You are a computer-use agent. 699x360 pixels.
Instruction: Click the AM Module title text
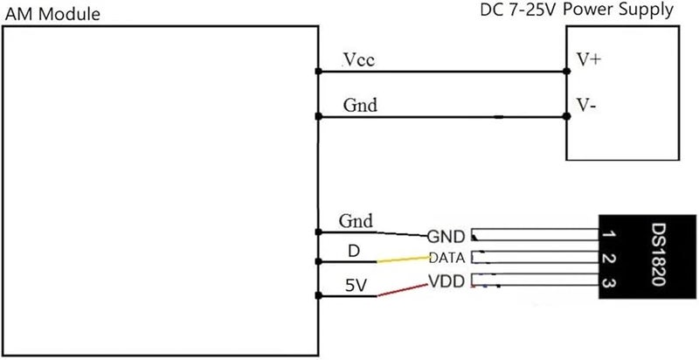[x=52, y=14]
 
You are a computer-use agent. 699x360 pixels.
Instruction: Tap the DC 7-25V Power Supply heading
[x=577, y=10]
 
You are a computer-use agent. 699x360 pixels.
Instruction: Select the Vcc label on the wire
[x=359, y=59]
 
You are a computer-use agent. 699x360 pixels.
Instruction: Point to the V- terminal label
[x=586, y=105]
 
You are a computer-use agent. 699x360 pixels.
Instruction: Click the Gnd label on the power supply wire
[x=360, y=105]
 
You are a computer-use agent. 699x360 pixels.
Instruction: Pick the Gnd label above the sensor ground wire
[x=356, y=221]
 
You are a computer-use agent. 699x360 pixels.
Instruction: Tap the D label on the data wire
[x=354, y=252]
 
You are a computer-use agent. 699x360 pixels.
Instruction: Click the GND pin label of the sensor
[x=446, y=237]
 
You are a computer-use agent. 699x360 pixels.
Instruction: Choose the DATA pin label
[x=447, y=258]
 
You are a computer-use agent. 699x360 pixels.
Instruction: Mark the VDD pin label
[x=446, y=281]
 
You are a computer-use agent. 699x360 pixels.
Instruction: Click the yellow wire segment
[x=404, y=260]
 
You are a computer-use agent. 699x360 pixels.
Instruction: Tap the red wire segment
[x=403, y=290]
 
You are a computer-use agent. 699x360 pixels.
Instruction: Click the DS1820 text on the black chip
[x=659, y=254]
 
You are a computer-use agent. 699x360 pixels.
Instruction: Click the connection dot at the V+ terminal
[x=566, y=71]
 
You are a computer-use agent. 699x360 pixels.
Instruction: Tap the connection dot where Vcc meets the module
[x=318, y=72]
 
